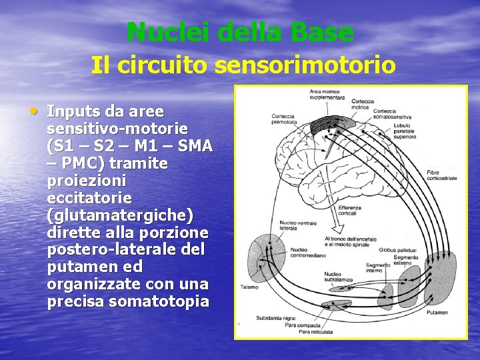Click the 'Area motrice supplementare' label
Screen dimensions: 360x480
point(327,94)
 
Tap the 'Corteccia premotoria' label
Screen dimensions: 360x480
point(283,119)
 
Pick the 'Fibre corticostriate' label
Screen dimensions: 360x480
point(442,175)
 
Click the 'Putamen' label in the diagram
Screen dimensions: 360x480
point(438,312)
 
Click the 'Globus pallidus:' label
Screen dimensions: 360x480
point(398,249)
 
